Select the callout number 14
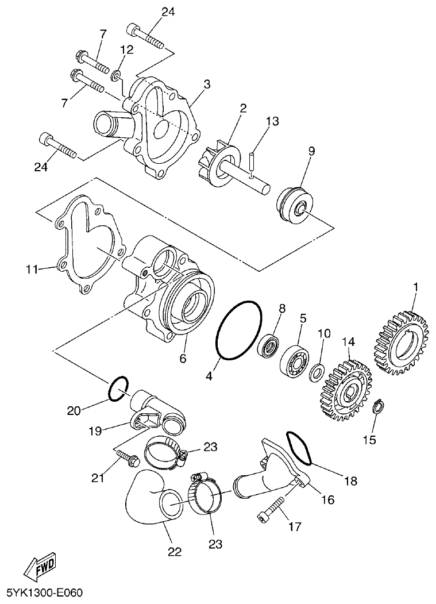(346, 342)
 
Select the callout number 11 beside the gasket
(31, 268)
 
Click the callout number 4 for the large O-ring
(209, 376)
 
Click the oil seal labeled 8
(268, 346)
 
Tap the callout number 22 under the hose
(175, 552)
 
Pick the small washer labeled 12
(117, 74)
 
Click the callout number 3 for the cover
(206, 84)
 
